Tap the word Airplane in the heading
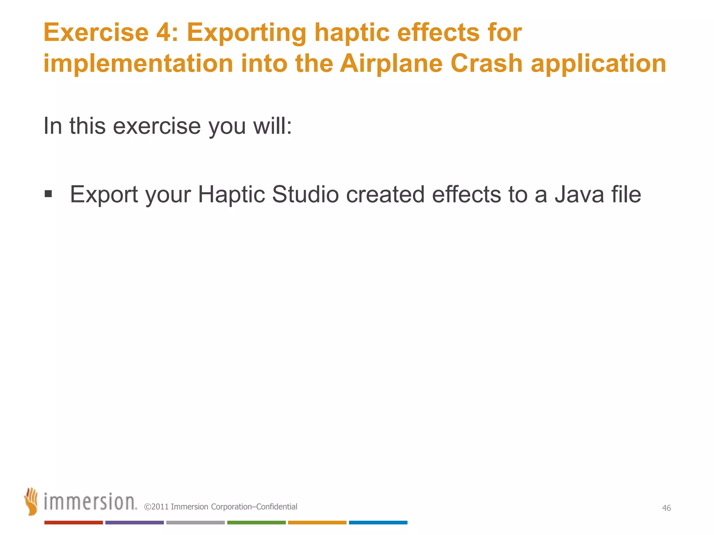[391, 64]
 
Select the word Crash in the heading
[486, 63]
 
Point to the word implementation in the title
[138, 64]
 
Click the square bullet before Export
[48, 194]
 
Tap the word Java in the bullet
[579, 194]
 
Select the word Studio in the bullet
[305, 194]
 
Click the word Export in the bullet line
[104, 195]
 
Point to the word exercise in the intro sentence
[157, 126]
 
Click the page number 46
[666, 508]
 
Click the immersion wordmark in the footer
[90, 502]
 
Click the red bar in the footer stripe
[73, 522]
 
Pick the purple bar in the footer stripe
[134, 522]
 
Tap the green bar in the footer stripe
[256, 522]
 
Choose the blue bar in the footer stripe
[378, 522]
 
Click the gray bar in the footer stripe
[195, 522]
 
